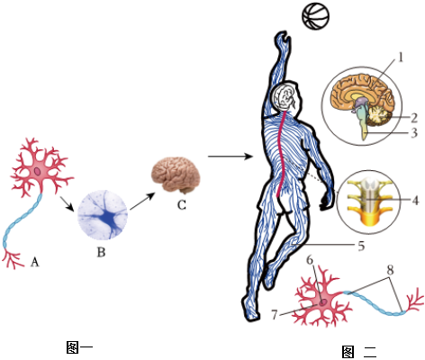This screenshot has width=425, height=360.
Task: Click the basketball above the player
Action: [315, 15]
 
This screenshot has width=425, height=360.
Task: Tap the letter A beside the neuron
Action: [35, 262]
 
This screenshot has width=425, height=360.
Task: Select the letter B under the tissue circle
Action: [101, 252]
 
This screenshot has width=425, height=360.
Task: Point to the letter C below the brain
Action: [182, 205]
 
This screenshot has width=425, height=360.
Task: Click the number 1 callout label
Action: [401, 58]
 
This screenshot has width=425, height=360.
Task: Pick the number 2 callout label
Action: [414, 118]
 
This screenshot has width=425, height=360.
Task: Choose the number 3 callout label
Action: [414, 132]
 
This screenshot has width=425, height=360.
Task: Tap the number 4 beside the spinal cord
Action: [415, 201]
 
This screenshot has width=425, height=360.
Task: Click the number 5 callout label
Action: [361, 246]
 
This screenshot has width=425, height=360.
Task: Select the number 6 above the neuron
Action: [310, 260]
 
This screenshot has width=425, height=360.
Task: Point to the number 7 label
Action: [275, 315]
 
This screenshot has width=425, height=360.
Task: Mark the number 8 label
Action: [390, 270]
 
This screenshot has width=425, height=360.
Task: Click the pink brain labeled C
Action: [176, 175]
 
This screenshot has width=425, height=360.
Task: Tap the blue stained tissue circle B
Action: [103, 215]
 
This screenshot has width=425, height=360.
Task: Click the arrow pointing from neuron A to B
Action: [67, 203]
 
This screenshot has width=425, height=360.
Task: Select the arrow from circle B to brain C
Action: [142, 201]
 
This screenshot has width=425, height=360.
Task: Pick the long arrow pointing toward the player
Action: [231, 157]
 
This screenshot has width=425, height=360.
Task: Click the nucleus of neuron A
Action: [38, 172]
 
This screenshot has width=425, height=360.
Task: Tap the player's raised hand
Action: [282, 40]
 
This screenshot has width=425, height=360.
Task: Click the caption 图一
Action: [79, 347]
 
